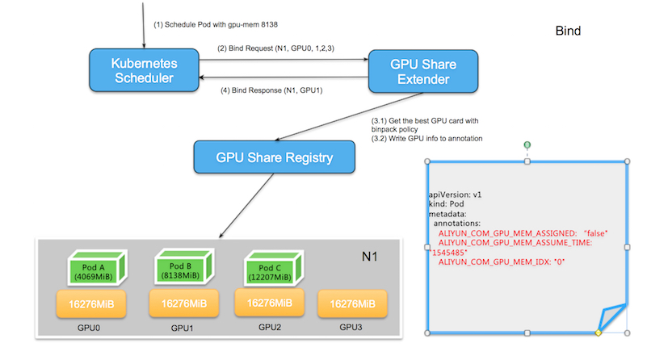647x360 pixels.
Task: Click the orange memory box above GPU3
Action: tap(352, 303)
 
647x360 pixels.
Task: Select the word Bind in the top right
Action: tap(568, 31)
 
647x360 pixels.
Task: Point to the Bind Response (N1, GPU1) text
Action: tap(271, 90)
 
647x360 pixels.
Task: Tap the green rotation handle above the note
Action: tap(527, 145)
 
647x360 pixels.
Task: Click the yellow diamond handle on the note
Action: tap(598, 333)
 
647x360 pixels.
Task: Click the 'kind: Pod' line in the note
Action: tap(449, 204)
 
